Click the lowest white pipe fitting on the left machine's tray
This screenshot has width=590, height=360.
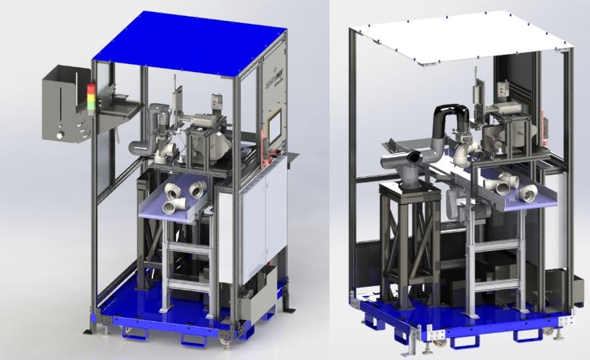tap(170, 207)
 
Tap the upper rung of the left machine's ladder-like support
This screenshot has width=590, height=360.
tap(186, 246)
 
